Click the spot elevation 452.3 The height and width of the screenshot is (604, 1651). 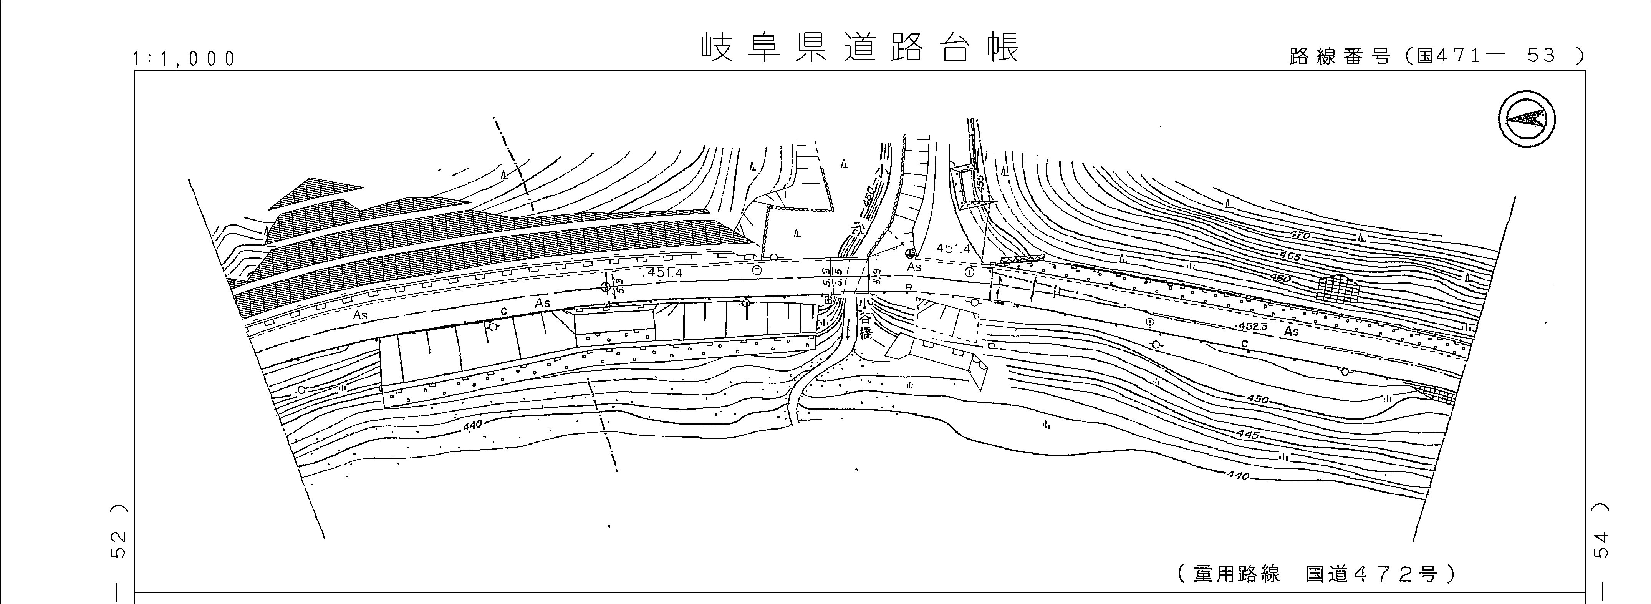(1254, 326)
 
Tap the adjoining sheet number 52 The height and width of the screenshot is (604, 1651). (119, 544)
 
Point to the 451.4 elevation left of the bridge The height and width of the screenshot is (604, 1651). (665, 272)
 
